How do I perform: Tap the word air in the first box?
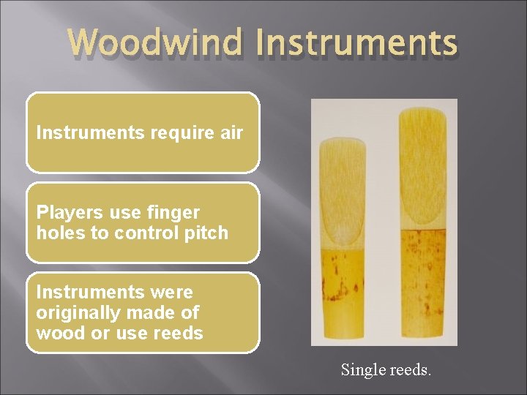pyautogui.click(x=228, y=133)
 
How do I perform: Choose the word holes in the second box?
pyautogui.click(x=59, y=233)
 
